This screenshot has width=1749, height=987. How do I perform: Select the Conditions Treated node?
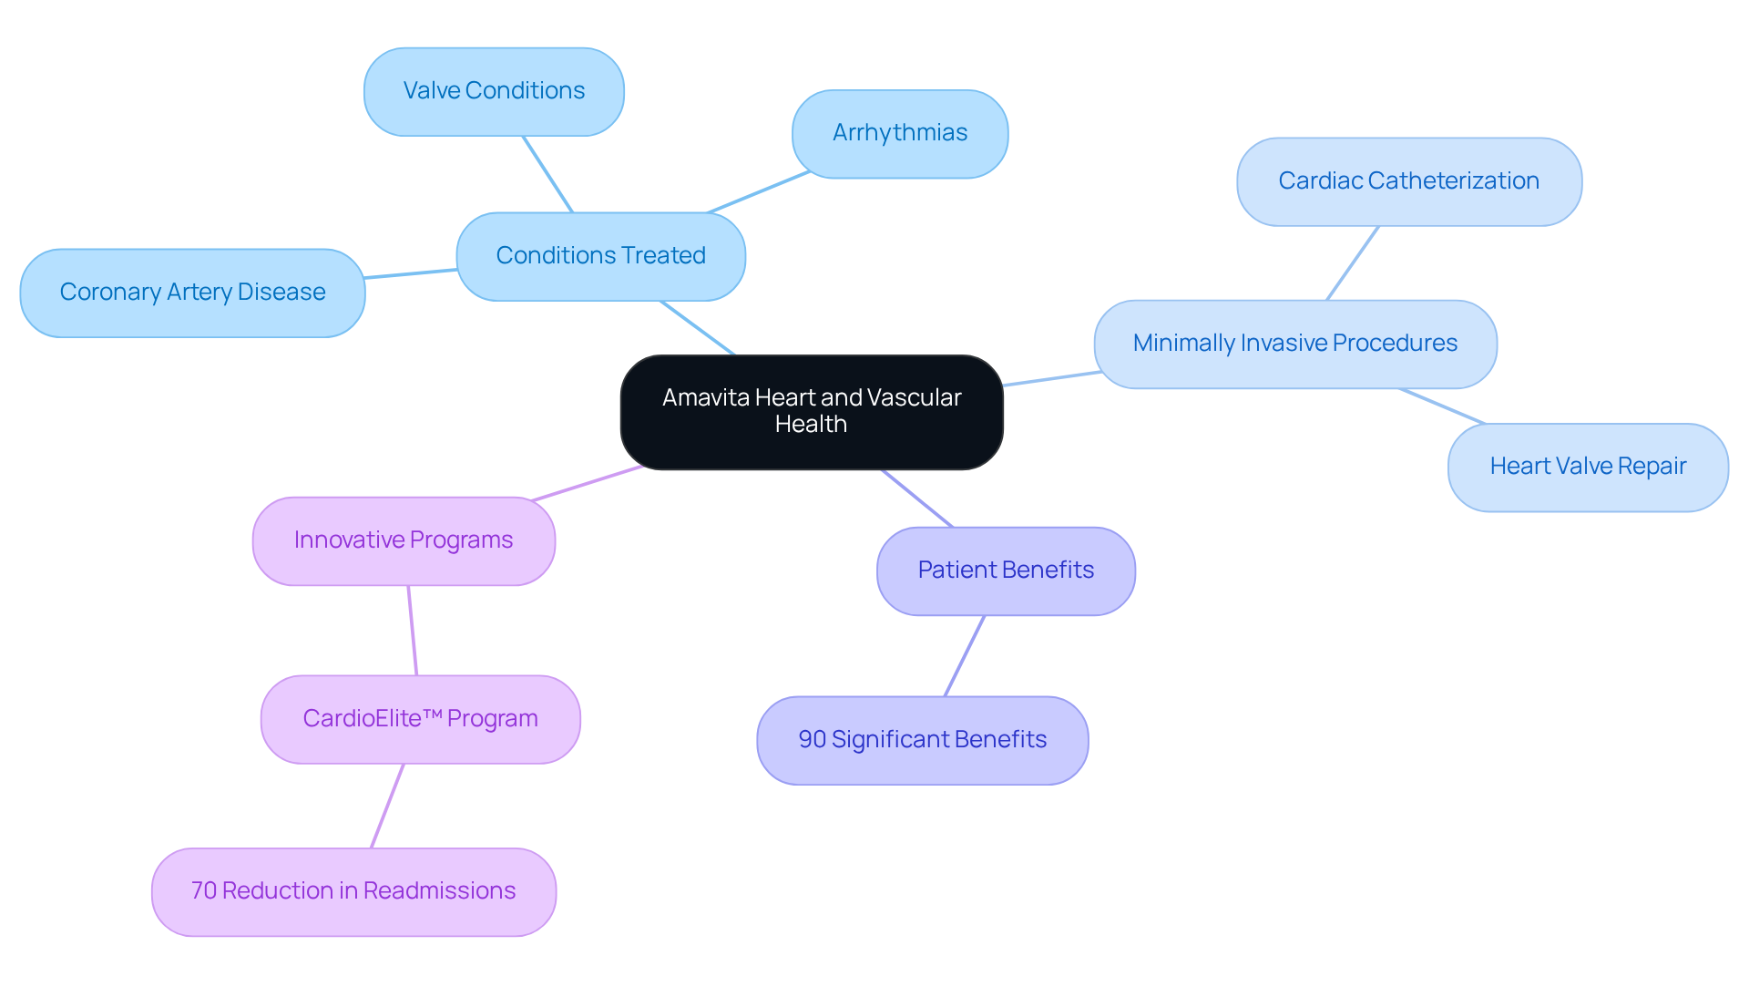pyautogui.click(x=600, y=256)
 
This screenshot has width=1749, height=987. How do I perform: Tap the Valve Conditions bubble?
pyautogui.click(x=494, y=91)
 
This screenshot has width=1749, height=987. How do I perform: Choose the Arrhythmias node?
pyautogui.click(x=899, y=133)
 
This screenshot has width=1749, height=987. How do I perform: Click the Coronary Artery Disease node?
pyautogui.click(x=192, y=293)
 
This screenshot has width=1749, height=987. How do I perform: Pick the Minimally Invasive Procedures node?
pyautogui.click(x=1294, y=344)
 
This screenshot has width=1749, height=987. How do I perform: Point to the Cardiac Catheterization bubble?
pyautogui.click(x=1408, y=181)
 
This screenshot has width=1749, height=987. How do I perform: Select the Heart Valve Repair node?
pyautogui.click(x=1587, y=467)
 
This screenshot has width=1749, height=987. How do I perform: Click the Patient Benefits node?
pyautogui.click(x=1006, y=571)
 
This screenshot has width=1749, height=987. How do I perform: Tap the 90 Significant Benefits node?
pyautogui.click(x=922, y=740)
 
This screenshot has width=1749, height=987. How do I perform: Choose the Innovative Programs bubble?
pyautogui.click(x=404, y=540)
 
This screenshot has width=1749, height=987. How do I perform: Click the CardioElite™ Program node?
pyautogui.click(x=420, y=719)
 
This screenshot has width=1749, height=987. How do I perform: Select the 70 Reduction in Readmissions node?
pyautogui.click(x=353, y=891)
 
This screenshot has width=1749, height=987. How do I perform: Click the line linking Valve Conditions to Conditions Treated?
pyautogui.click(x=547, y=174)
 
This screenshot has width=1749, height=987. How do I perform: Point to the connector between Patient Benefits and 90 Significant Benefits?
pyautogui.click(x=965, y=656)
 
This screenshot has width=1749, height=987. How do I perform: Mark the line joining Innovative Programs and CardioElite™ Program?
pyautogui.click(x=413, y=631)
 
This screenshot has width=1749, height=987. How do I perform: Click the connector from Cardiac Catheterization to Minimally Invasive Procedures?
pyautogui.click(x=1353, y=263)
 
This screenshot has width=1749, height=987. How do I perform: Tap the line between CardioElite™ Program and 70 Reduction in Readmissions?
pyautogui.click(x=387, y=806)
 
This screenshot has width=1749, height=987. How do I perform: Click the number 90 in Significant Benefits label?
pyautogui.click(x=812, y=739)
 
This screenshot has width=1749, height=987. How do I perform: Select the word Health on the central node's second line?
pyautogui.click(x=811, y=425)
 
